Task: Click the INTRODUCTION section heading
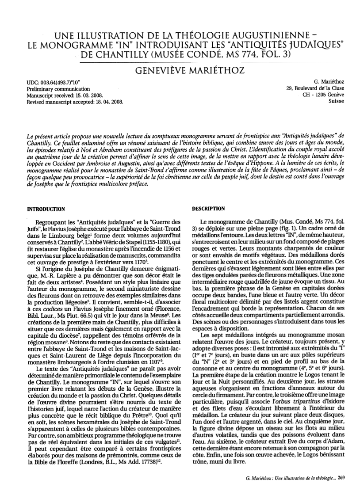tap(46, 209)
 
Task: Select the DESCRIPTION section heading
tap(209, 209)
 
